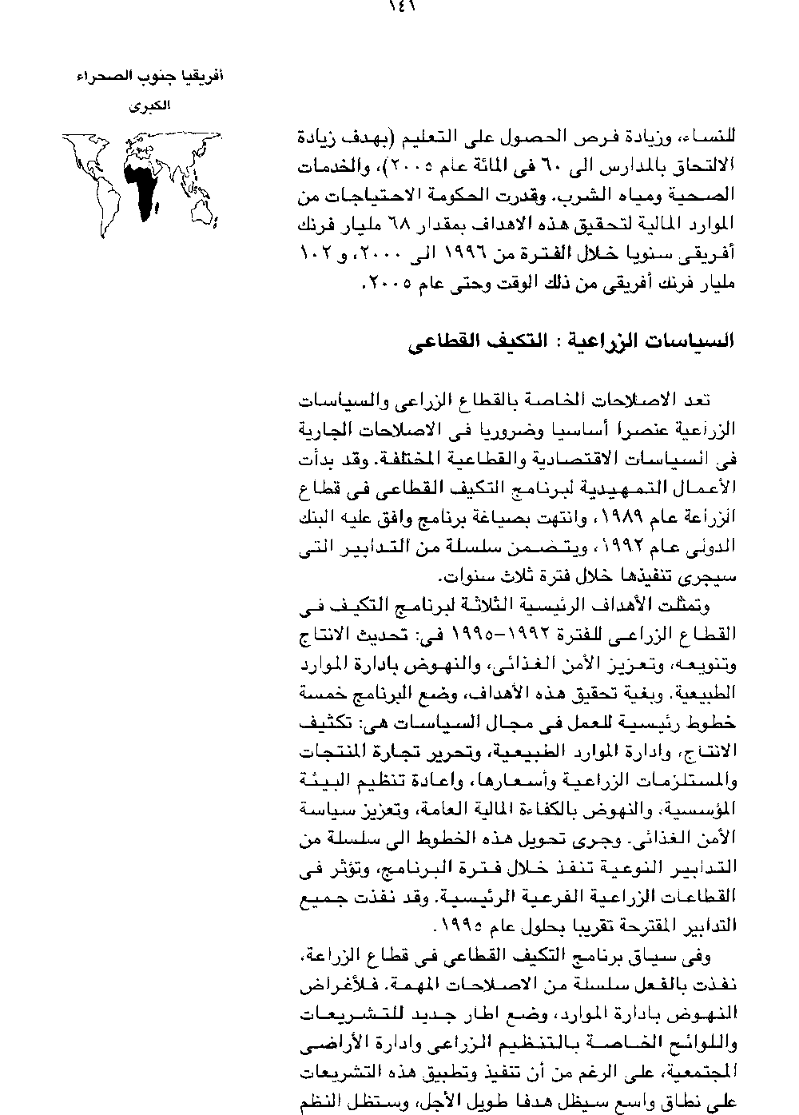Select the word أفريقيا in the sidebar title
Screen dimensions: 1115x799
[x=204, y=78]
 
